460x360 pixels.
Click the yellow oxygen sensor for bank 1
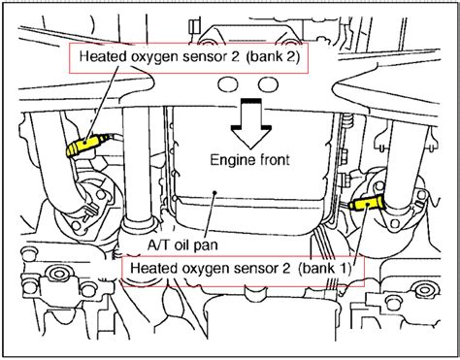(x=366, y=203)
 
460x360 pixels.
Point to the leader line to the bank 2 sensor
(x=97, y=107)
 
